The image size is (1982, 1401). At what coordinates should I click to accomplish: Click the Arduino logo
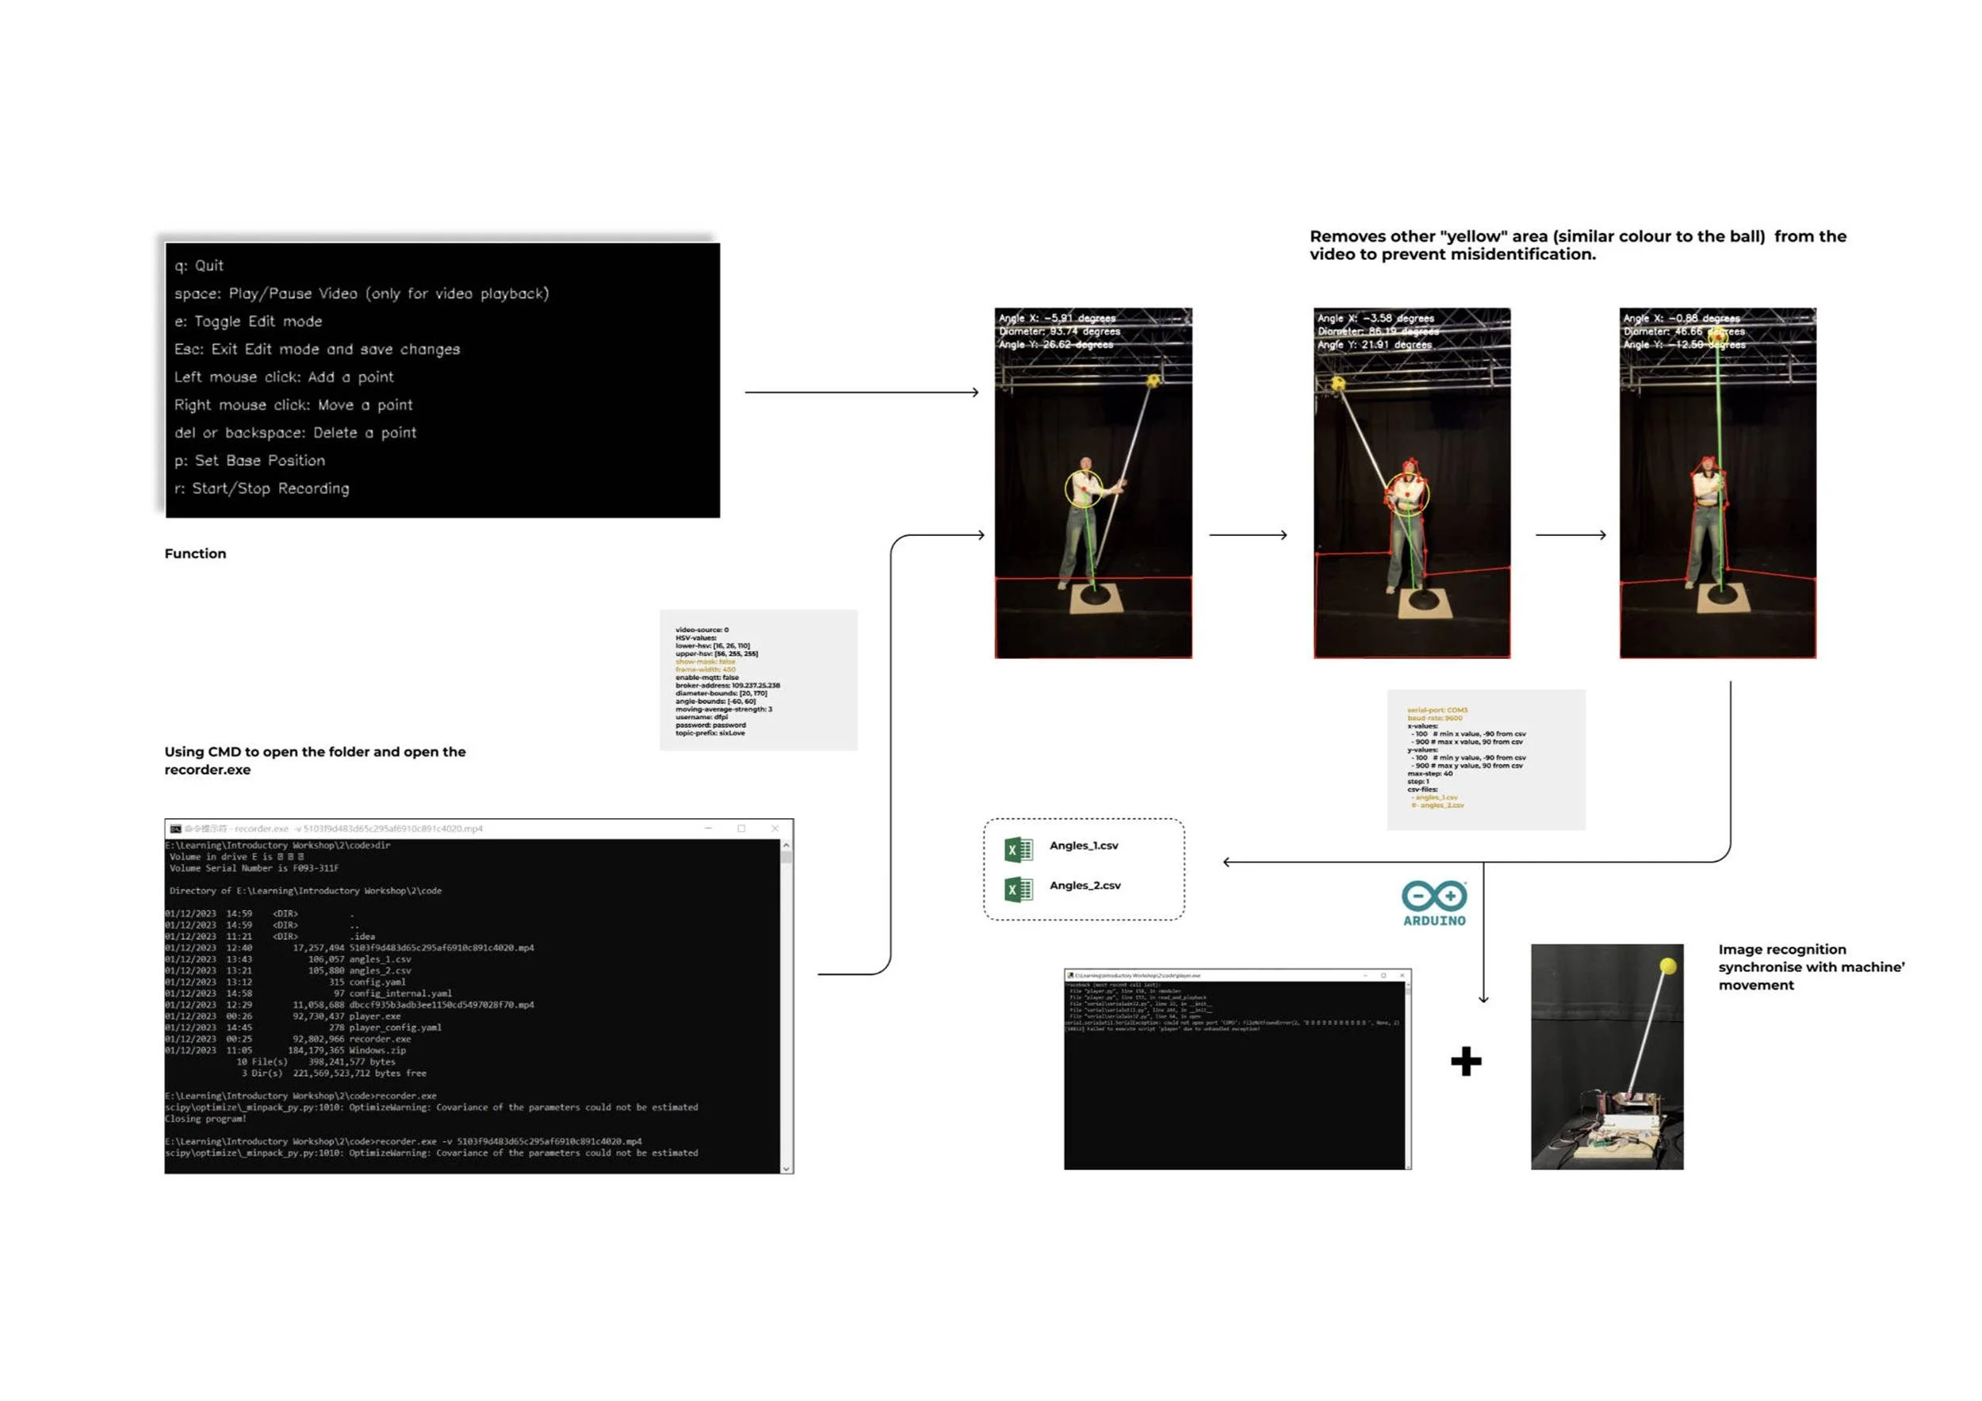[x=1434, y=903]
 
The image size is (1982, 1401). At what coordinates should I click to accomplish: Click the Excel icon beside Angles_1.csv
[x=1019, y=849]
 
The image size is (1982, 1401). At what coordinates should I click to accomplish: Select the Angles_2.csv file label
[x=1085, y=886]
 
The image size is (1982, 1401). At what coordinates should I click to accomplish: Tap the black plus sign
[x=1466, y=1061]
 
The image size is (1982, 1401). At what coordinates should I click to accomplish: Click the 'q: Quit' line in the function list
[x=200, y=266]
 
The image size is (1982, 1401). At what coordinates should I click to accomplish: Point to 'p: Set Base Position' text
[x=250, y=461]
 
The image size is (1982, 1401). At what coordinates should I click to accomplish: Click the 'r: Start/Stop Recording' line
[x=262, y=488]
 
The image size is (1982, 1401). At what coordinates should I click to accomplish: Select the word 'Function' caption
[x=195, y=554]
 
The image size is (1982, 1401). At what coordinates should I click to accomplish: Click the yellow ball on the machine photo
[x=1668, y=966]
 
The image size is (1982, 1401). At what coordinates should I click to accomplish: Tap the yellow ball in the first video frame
[x=1154, y=380]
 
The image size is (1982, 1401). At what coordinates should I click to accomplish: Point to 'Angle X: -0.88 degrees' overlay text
[x=1681, y=319]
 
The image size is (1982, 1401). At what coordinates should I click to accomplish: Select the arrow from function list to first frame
[x=862, y=392]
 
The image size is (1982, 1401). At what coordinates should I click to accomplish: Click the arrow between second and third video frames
[x=1571, y=535]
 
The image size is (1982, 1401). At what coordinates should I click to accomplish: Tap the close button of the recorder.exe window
[x=775, y=829]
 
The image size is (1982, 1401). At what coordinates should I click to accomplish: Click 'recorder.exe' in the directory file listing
[x=380, y=1039]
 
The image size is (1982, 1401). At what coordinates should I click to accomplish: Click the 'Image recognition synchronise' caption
[x=1781, y=951]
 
